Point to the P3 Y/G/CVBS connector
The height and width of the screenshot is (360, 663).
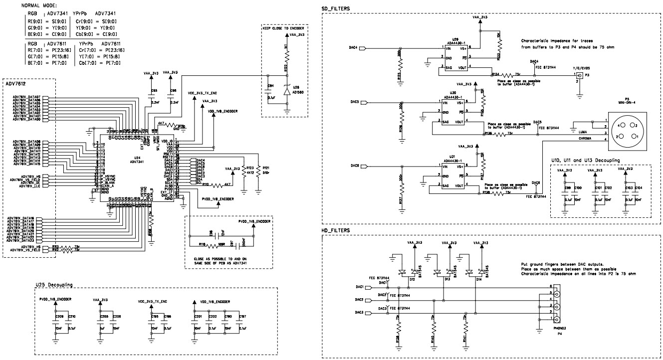pyautogui.click(x=581, y=76)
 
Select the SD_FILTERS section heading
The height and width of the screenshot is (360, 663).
pyautogui.click(x=336, y=8)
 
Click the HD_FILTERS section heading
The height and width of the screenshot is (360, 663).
pyautogui.click(x=336, y=230)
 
